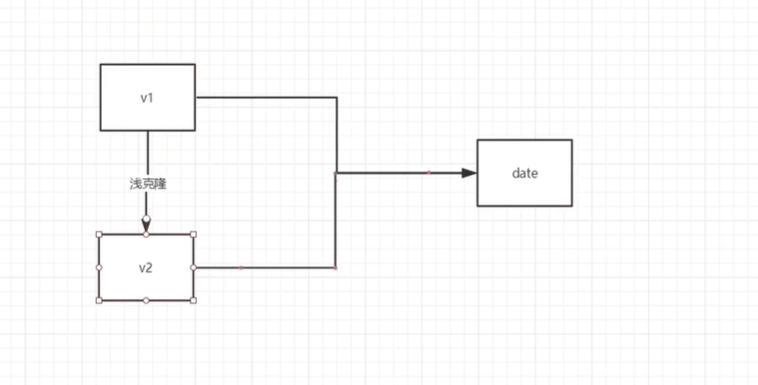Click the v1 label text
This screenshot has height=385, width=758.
(146, 98)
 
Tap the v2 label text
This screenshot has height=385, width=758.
(146, 267)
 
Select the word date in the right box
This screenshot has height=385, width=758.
(524, 173)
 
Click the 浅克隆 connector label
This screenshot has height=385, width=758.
(148, 184)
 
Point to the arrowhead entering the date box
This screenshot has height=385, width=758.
(469, 173)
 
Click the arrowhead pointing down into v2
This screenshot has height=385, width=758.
(146, 228)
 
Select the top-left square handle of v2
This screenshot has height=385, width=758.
(99, 234)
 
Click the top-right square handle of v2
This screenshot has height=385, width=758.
(193, 234)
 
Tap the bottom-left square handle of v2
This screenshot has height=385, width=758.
(99, 300)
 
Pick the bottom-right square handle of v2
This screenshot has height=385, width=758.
(193, 300)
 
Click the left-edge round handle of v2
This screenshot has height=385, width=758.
(99, 267)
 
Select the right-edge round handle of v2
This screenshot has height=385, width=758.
(193, 267)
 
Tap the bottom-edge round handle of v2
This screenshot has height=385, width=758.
(146, 300)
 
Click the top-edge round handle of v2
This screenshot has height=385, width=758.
(146, 234)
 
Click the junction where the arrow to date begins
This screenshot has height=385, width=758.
(336, 173)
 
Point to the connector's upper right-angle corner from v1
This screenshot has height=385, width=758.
(336, 97)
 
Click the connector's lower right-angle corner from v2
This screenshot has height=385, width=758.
(336, 267)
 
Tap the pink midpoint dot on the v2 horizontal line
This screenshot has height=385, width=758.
(241, 267)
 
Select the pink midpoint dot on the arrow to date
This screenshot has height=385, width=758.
(428, 172)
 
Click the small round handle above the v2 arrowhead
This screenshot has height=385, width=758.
(146, 219)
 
